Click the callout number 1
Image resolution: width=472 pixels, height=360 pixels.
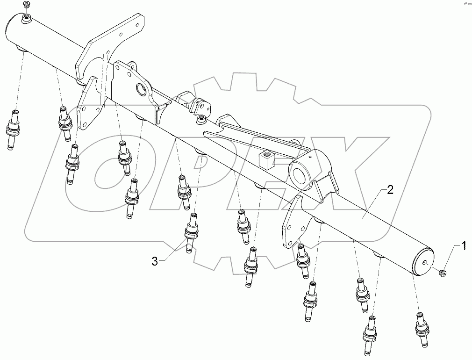pos(464,245)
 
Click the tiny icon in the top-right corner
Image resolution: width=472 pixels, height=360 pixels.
pos(466,3)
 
